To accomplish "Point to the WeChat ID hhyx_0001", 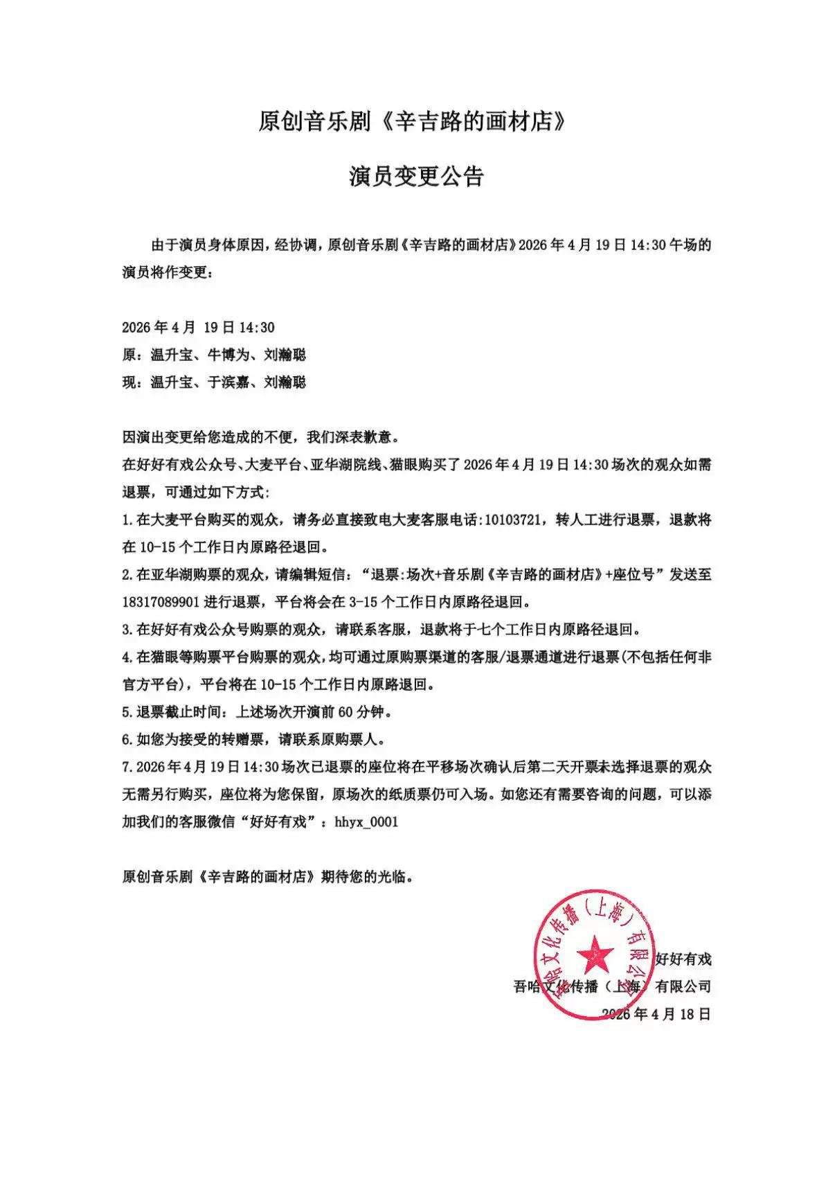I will coord(366,822).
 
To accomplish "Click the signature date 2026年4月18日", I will coord(656,1014).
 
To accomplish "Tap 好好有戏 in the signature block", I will coord(683,959).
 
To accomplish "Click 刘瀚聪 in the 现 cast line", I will coord(285,382).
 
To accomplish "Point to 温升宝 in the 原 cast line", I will coord(172,355).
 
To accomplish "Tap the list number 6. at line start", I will coord(127,739).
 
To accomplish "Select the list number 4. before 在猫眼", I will coord(127,657).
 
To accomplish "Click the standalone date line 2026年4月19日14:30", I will coord(199,328).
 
